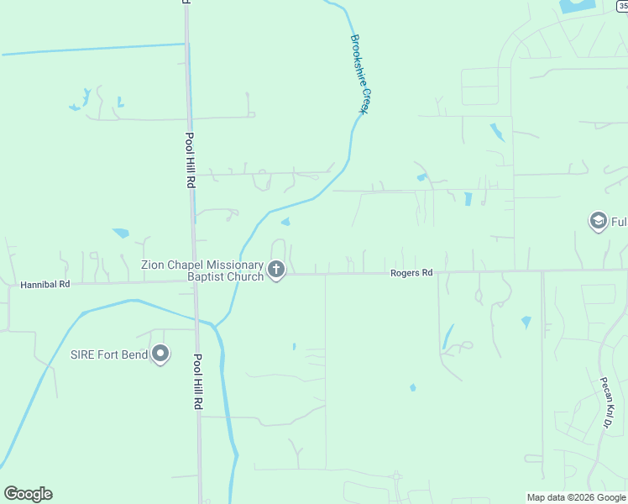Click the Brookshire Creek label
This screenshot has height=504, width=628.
[360, 74]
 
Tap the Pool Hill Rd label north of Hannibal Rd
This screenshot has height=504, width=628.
[191, 160]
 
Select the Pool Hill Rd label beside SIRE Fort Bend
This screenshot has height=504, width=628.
[198, 381]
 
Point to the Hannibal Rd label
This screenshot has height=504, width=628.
[44, 285]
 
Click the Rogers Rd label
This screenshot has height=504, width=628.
[411, 273]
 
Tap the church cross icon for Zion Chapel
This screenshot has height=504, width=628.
[277, 270]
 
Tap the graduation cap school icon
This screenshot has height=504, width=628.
[599, 222]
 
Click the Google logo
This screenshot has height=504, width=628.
[28, 494]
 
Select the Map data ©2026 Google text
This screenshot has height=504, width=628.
[575, 497]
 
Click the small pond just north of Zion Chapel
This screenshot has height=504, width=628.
[285, 222]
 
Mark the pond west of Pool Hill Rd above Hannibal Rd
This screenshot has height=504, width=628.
[121, 233]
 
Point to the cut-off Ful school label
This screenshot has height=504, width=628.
[619, 222]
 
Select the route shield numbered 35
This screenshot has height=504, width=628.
[622, 4]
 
